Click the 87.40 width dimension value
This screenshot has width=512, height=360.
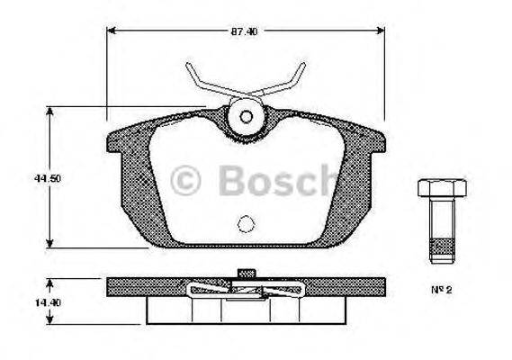pos(244,31)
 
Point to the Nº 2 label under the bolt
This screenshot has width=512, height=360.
pos(439,290)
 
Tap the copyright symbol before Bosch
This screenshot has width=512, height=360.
pos(188,180)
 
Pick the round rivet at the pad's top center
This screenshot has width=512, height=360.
pos(245,116)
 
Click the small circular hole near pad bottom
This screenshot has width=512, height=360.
pos(245,224)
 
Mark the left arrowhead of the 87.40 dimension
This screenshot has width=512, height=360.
pos(112,31)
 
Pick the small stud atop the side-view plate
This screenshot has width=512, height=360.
pos(243,274)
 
